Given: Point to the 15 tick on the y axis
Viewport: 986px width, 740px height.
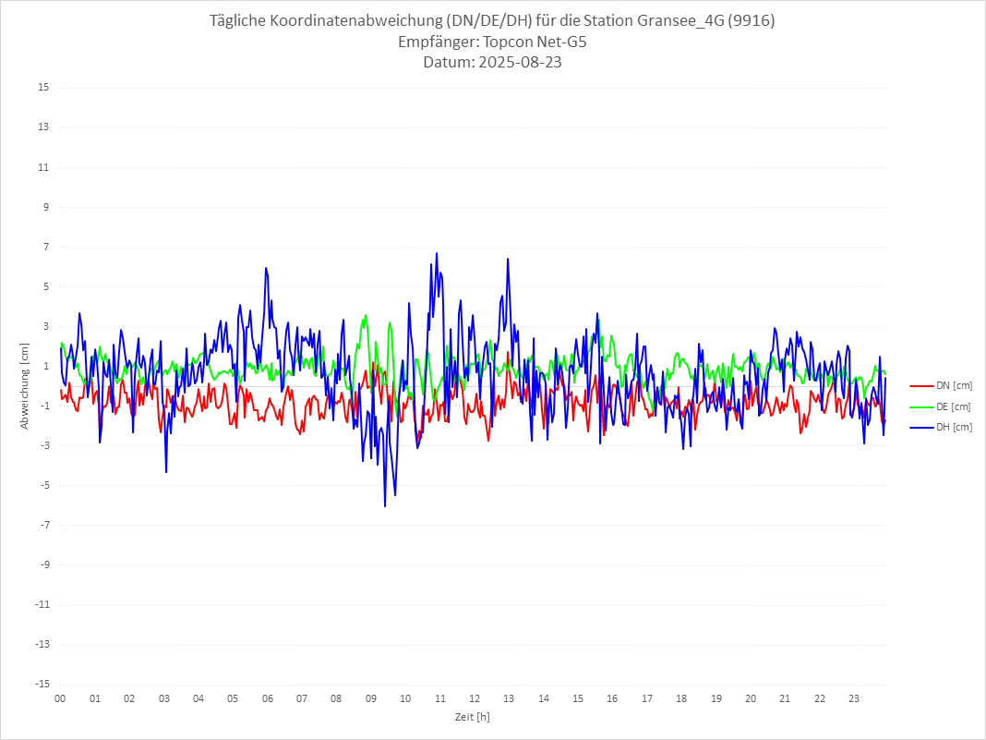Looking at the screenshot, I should click(x=43, y=88).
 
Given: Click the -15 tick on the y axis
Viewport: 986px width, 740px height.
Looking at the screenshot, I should click(x=42, y=685).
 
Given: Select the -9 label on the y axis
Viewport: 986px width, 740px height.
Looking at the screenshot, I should click(x=43, y=565).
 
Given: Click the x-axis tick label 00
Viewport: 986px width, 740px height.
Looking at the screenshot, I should click(x=60, y=698).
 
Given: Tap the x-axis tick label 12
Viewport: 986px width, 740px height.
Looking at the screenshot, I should click(x=475, y=698).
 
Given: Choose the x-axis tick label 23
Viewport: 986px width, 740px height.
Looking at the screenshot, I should click(x=855, y=698).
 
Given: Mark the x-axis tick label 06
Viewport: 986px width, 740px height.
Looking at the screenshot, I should click(x=267, y=698).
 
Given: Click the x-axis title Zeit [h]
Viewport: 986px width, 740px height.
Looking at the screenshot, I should click(x=472, y=717).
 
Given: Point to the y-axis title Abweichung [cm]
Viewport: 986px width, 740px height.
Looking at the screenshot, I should click(x=25, y=386).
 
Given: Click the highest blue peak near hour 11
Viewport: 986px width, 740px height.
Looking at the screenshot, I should click(x=437, y=254).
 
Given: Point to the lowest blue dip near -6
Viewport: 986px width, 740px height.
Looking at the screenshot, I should click(x=385, y=505).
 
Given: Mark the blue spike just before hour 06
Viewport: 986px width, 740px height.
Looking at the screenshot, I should click(x=266, y=269).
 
